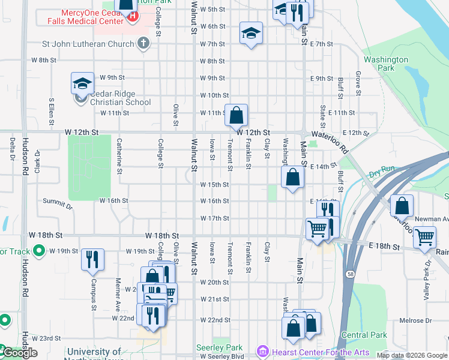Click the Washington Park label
click(385, 64)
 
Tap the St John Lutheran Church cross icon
click(142, 43)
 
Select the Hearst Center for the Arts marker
click(262, 350)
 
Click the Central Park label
click(364, 335)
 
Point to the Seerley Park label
click(219, 347)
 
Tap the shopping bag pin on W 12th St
click(237, 114)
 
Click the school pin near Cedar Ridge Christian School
click(82, 83)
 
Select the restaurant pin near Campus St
click(92, 259)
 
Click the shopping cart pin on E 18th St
click(424, 238)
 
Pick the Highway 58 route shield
click(349, 274)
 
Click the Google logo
click(19, 353)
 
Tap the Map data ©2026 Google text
click(411, 355)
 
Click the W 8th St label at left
click(43, 61)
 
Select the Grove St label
click(358, 83)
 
